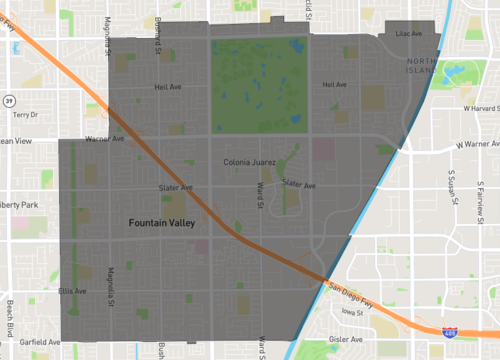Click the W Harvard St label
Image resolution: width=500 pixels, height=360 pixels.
click(x=478, y=107)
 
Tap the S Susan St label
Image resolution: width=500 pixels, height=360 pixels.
click(x=451, y=190)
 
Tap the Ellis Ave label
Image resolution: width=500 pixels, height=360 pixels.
click(x=72, y=291)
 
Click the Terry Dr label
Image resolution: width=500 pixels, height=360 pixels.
click(x=24, y=115)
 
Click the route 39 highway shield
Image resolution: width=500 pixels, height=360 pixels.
click(x=9, y=101)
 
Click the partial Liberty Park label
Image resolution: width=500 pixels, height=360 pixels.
click(x=18, y=205)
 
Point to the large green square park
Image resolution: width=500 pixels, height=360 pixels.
click(x=258, y=83)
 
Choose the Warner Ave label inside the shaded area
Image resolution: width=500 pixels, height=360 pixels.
click(x=104, y=138)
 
